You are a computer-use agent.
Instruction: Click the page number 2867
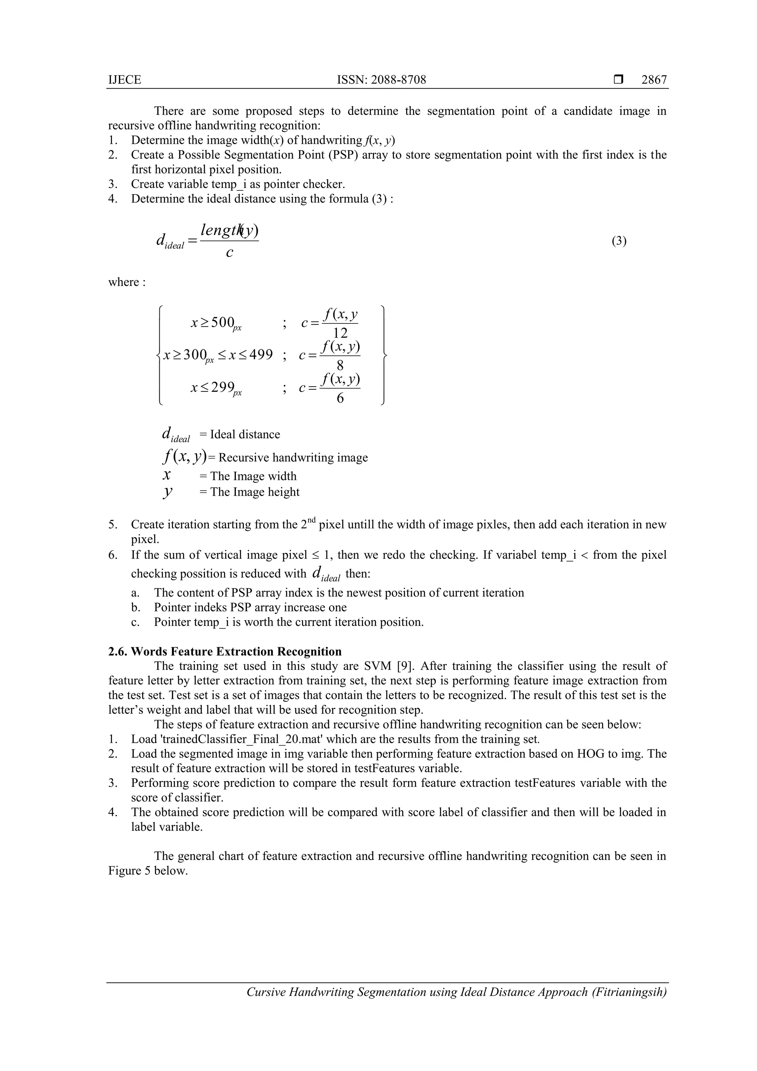click(x=654, y=80)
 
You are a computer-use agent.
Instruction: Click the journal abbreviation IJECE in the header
click(x=125, y=80)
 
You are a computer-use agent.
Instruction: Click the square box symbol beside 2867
click(x=618, y=80)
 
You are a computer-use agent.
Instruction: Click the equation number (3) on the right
click(x=619, y=241)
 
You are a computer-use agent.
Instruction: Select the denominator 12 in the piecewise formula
click(x=340, y=333)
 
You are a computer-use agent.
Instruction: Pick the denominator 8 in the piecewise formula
click(x=340, y=365)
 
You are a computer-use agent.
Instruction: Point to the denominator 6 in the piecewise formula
click(x=340, y=398)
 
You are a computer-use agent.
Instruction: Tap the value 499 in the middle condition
click(x=261, y=355)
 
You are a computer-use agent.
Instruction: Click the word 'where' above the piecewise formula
click(x=123, y=282)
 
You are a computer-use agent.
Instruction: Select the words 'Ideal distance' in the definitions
click(x=245, y=434)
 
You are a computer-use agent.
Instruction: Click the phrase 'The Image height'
click(x=255, y=492)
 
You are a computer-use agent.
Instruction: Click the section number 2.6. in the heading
click(x=118, y=652)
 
